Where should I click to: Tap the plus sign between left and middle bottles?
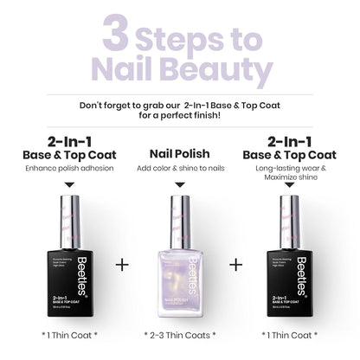122,264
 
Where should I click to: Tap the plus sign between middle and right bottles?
236,264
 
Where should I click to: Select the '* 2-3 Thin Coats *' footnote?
179,334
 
